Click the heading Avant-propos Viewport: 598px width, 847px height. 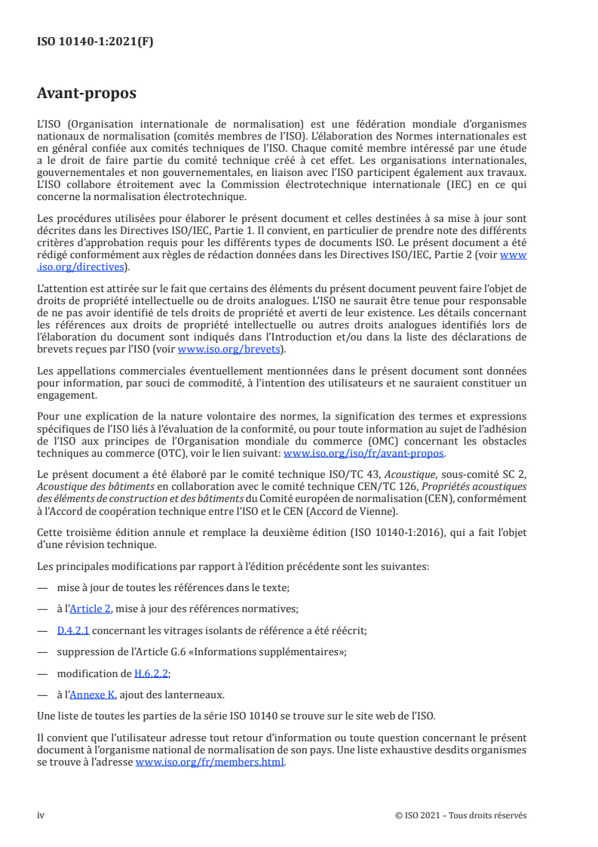tap(86, 94)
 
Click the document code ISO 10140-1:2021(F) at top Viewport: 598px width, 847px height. tap(95, 42)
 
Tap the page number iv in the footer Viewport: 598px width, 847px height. tap(41, 815)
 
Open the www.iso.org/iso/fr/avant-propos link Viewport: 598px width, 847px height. tap(363, 454)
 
